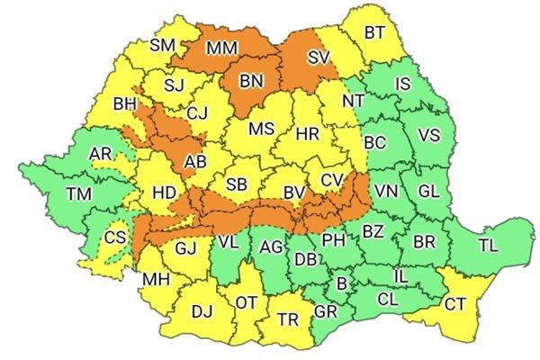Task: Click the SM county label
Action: [163, 44]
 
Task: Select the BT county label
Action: [375, 33]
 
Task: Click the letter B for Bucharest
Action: [341, 284]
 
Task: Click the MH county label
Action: [156, 280]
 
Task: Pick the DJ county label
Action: [202, 312]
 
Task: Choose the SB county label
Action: [237, 184]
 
